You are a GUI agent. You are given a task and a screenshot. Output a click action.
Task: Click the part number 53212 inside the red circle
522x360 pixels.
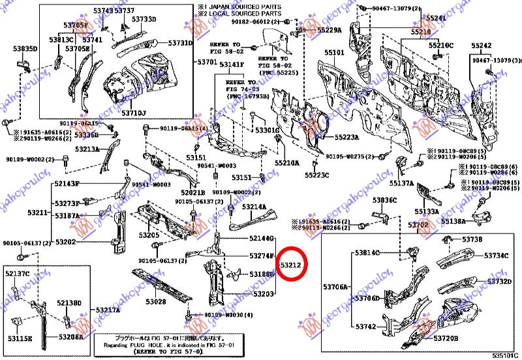click(x=290, y=266)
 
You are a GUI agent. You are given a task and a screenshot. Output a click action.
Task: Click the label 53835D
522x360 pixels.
click(x=25, y=49)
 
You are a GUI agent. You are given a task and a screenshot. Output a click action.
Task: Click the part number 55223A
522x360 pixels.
click(x=347, y=138)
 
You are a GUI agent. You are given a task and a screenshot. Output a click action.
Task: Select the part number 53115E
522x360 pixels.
click(x=20, y=338)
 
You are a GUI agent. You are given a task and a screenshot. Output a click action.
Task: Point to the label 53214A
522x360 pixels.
click(x=254, y=207)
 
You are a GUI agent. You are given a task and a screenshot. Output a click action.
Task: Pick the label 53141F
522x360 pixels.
click(x=231, y=65)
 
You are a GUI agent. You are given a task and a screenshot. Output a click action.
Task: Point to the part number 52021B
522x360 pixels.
click(x=193, y=193)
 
